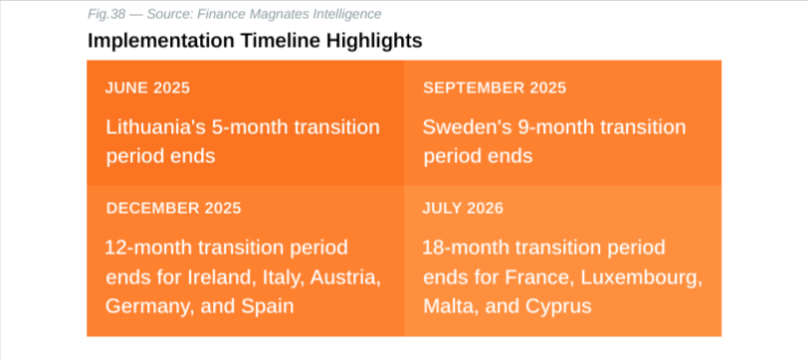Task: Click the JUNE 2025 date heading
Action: tap(147, 88)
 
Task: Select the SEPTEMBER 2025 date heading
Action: tap(495, 88)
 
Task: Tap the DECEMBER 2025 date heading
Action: tap(174, 208)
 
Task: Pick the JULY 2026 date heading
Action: tap(463, 208)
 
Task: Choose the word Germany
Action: tap(146, 306)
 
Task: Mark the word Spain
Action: tap(266, 306)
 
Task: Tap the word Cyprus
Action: tap(558, 306)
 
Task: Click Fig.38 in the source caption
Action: tap(106, 15)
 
